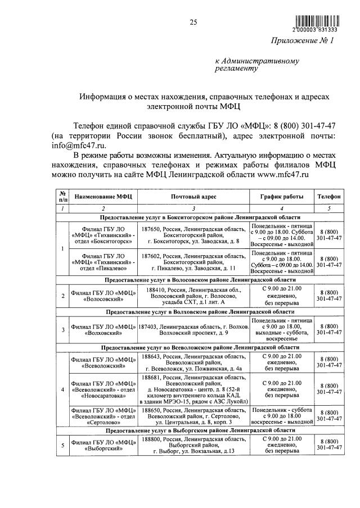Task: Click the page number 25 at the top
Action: pos(193,22)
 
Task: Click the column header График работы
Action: pos(281,197)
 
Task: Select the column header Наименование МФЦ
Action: pos(102,197)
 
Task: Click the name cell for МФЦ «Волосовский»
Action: pos(102,296)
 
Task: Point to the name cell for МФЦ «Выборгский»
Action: pos(102,444)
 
